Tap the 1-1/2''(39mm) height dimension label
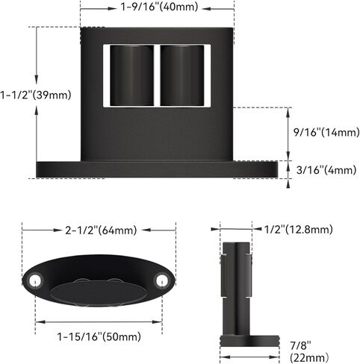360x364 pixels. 36,95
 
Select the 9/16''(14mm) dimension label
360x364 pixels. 326,132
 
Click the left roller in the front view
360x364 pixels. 131,75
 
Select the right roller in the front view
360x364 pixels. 181,75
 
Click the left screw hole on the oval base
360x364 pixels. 35,280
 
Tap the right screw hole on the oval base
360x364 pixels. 161,280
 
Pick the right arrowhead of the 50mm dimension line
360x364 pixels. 160,322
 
